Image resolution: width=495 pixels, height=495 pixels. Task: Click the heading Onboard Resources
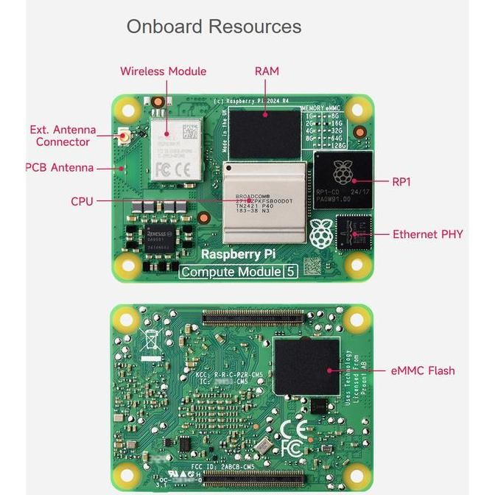[214, 27]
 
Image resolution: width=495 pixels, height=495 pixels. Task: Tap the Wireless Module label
[163, 71]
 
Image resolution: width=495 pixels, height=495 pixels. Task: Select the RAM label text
[267, 71]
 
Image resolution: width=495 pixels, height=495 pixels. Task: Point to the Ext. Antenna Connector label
[63, 136]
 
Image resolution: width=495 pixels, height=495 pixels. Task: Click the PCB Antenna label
[60, 168]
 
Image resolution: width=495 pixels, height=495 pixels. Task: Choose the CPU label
[82, 201]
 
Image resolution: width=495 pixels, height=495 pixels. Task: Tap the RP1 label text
[401, 181]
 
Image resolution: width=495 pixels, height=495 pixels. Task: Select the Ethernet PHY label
[427, 234]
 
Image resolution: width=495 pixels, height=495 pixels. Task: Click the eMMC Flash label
[423, 371]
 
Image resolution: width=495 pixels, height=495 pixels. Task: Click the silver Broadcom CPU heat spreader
[264, 203]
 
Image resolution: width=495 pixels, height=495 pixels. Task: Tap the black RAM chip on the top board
[264, 133]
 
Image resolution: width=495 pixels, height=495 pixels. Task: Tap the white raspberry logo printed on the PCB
[319, 233]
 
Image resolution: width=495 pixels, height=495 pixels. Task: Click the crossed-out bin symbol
[150, 340]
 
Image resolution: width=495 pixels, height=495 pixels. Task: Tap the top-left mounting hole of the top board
[128, 110]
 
